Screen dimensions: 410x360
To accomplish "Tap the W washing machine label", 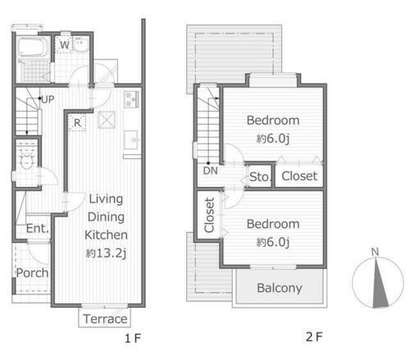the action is (65, 44).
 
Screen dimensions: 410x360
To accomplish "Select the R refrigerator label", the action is (77, 123).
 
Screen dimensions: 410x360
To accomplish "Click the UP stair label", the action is (48, 99).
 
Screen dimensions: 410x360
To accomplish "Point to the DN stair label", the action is (210, 171).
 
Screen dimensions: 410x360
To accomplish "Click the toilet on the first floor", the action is (27, 162).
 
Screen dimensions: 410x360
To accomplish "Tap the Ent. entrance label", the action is (38, 228).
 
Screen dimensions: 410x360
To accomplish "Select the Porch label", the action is (32, 273).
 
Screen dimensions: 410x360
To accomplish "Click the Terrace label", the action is (105, 319).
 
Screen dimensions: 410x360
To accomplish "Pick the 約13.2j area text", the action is (106, 253).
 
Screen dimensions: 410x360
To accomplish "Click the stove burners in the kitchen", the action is (131, 99).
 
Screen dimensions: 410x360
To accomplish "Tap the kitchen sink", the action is (131, 140).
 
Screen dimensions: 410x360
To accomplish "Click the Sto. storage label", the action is (260, 177).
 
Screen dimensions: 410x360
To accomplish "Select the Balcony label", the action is (280, 288).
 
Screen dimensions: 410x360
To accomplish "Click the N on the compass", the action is (375, 252).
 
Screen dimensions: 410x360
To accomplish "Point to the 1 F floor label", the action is (133, 339).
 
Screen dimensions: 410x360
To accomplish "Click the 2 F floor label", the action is (314, 337).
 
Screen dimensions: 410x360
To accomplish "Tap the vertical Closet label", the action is (209, 215).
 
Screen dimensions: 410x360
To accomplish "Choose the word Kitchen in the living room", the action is (106, 235).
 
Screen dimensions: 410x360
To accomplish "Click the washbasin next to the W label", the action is (81, 45).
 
